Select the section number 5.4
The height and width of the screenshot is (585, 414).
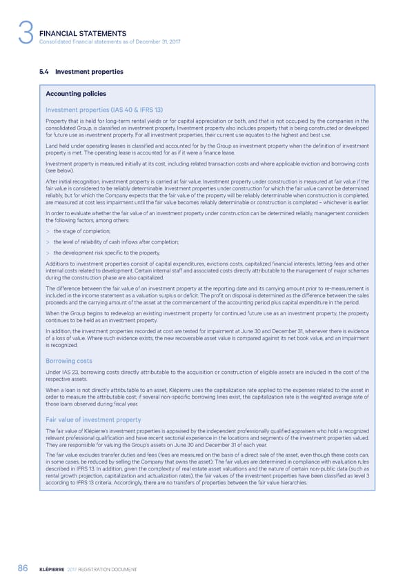[46, 71]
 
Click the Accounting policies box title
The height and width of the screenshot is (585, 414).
[75, 95]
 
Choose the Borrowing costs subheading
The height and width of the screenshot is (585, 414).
[69, 361]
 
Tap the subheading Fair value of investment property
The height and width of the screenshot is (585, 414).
[93, 420]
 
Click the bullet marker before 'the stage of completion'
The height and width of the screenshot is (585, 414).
[48, 232]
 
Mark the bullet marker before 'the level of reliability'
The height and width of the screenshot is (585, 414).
[48, 242]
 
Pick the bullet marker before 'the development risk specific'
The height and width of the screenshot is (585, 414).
[48, 253]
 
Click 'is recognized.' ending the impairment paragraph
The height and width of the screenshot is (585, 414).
[63, 346]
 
